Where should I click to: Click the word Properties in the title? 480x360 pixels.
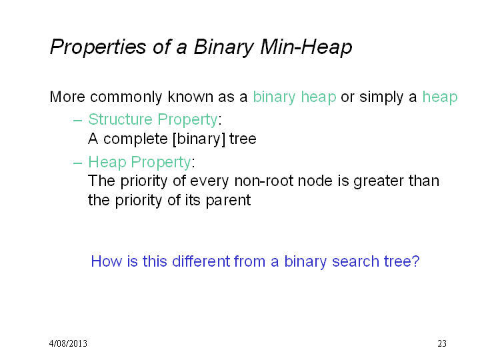98,47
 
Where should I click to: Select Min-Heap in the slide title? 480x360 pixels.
306,47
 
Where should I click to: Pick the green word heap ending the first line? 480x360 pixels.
440,97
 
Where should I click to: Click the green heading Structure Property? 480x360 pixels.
153,120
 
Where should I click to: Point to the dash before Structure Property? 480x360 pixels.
78,121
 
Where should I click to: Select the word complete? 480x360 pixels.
135,139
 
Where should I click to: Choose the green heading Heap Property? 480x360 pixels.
139,162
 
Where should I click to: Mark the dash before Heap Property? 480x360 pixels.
78,163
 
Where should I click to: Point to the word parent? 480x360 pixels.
228,201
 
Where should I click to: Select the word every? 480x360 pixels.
209,181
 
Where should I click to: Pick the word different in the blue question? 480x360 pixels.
201,261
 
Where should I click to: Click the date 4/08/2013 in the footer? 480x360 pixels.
68,343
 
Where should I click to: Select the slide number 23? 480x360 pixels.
442,343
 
